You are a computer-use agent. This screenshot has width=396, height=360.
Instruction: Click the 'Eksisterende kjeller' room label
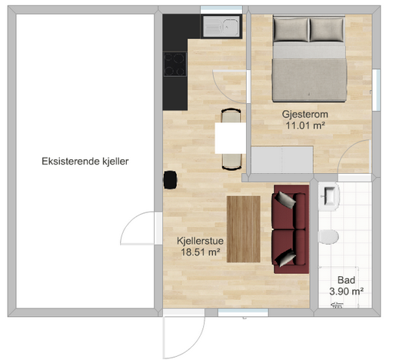coord(85,162)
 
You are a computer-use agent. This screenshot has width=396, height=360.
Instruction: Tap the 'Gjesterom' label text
coord(305,114)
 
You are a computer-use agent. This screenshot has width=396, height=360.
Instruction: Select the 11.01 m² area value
coord(305,125)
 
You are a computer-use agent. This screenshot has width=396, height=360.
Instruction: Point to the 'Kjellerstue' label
coord(200,241)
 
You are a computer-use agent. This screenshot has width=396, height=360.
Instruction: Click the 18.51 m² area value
coord(201,252)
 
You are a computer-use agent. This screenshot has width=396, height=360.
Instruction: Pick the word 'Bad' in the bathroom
coord(346,280)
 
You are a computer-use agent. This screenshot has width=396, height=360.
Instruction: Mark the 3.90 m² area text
coord(346,292)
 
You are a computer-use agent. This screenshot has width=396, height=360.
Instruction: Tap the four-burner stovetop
coord(175,64)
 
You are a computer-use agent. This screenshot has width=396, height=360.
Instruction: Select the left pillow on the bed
coord(291,29)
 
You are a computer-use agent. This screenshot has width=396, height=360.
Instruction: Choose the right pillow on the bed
coord(327,29)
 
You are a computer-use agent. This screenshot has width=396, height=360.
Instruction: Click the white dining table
coord(230,138)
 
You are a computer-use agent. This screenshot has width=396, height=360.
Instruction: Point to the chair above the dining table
coord(231,115)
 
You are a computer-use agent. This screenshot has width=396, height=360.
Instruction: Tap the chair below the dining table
coord(231,162)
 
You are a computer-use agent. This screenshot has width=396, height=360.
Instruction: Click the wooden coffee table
coord(244,229)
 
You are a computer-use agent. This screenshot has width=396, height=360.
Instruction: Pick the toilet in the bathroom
coord(328,237)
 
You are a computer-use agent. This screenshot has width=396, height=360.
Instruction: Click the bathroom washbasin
coord(329,196)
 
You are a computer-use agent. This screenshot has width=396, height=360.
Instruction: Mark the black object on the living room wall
coord(170,180)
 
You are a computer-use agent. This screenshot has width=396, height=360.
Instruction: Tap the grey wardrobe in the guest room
coord(282,159)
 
